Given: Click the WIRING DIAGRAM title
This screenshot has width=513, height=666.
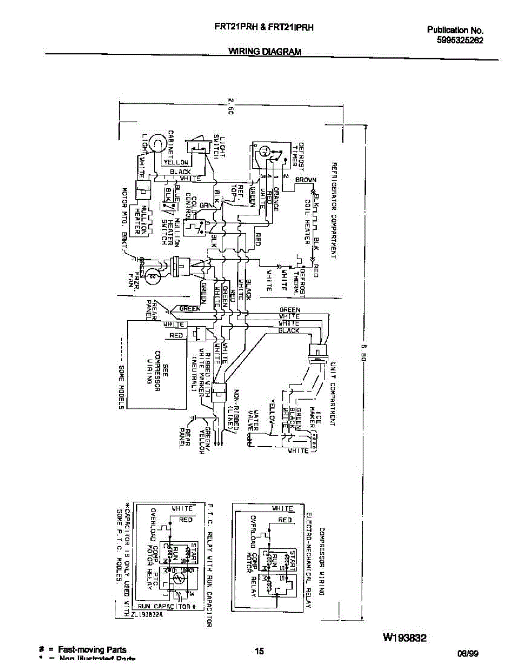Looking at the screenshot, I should [x=265, y=52].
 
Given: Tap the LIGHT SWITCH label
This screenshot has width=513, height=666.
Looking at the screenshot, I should [x=219, y=147].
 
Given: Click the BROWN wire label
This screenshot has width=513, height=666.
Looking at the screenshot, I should [x=306, y=180].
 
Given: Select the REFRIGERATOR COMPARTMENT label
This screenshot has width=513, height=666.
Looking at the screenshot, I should [x=334, y=210].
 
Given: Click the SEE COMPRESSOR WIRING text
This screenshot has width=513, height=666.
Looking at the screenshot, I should [x=157, y=366].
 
